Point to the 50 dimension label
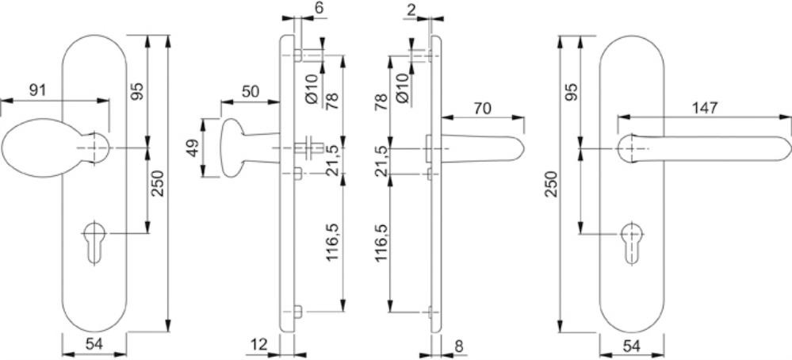(x=251, y=91)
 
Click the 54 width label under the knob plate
(x=94, y=344)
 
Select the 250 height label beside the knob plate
(x=157, y=186)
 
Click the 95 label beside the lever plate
(x=570, y=90)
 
